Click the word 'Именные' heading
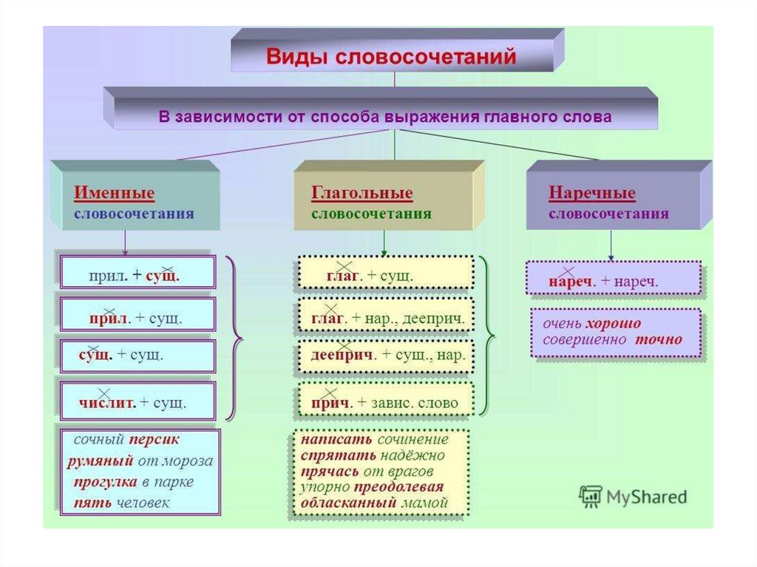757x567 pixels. pyautogui.click(x=114, y=194)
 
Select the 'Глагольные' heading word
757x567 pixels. pyautogui.click(x=361, y=194)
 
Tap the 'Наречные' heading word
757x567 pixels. pyautogui.click(x=591, y=194)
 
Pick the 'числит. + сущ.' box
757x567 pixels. pyautogui.click(x=138, y=404)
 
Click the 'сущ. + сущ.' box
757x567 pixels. pyautogui.click(x=138, y=356)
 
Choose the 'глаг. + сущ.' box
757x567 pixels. pyautogui.click(x=384, y=276)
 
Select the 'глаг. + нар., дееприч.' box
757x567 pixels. pyautogui.click(x=384, y=318)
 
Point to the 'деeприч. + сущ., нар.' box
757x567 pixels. pyautogui.click(x=384, y=355)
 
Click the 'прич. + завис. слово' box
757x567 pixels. pyautogui.click(x=384, y=403)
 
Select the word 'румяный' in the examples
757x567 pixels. pyautogui.click(x=100, y=461)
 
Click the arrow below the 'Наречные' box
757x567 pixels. pyautogui.click(x=611, y=245)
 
